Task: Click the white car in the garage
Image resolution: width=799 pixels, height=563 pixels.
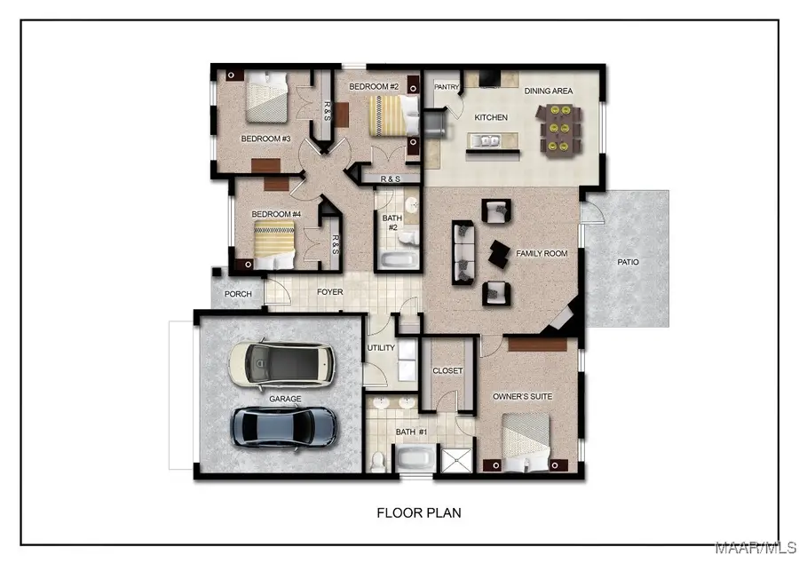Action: coord(282,364)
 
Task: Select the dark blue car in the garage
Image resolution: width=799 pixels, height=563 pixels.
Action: coord(284,426)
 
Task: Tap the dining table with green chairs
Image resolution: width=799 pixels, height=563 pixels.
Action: coord(561,129)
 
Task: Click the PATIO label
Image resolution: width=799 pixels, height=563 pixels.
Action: coord(629,262)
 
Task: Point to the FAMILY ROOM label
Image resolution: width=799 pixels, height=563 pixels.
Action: coord(542,254)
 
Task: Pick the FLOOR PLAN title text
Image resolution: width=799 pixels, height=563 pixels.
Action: coord(419,513)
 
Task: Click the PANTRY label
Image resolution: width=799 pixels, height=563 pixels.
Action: coord(447,87)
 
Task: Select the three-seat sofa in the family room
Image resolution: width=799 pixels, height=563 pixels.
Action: coord(463,252)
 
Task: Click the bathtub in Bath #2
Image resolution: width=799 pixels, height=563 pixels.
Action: coord(397,260)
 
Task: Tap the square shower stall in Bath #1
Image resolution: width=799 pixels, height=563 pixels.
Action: coord(457,460)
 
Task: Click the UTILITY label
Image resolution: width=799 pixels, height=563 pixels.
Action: coord(381,348)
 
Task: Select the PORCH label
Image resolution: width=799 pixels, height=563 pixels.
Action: coord(238,294)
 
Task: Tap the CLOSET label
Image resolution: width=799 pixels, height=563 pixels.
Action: coord(447,371)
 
